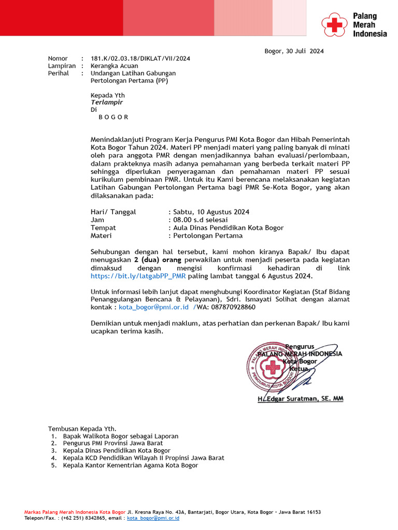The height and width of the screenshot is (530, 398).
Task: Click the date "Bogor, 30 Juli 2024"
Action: [x=294, y=51]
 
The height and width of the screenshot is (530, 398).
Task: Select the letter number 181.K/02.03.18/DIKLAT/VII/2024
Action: [x=140, y=58]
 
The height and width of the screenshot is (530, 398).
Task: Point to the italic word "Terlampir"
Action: [x=107, y=102]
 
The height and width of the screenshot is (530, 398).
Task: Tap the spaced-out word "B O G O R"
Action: [x=113, y=117]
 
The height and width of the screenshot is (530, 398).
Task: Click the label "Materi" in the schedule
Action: [x=101, y=235]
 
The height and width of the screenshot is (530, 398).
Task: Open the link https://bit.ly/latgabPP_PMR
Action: [x=138, y=276]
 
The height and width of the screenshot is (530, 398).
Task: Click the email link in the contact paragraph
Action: [x=153, y=307]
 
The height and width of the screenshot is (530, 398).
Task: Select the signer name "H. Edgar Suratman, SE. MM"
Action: [x=300, y=399]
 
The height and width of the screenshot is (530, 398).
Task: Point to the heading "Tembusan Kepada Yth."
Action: [x=82, y=429]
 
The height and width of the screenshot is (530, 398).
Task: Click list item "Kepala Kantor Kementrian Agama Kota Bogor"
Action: [x=130, y=465]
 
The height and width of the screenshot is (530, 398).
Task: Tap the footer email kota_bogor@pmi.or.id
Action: [x=153, y=518]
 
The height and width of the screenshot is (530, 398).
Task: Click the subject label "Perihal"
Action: [x=59, y=73]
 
